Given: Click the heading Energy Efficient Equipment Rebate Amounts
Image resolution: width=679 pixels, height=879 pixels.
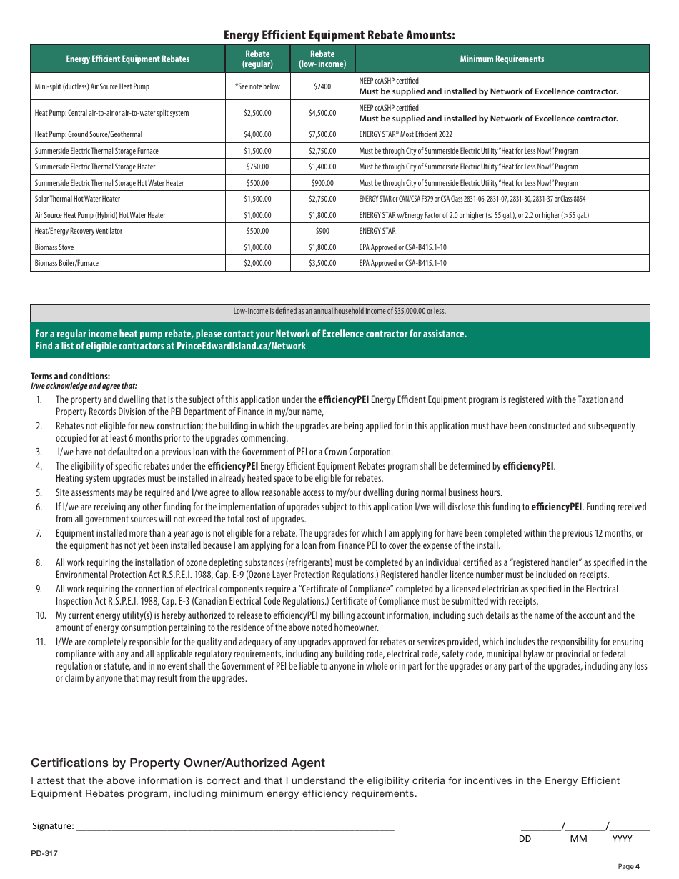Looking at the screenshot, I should [x=339, y=35].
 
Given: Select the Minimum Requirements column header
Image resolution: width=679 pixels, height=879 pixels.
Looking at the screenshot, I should [x=502, y=59].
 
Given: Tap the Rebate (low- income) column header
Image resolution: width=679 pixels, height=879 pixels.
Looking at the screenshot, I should [x=322, y=59].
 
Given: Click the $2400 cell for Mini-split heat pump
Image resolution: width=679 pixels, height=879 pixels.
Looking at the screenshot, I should [x=322, y=86].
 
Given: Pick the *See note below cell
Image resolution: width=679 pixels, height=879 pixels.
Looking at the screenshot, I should [x=257, y=86].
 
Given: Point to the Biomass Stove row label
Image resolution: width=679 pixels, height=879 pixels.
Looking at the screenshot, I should [x=54, y=247].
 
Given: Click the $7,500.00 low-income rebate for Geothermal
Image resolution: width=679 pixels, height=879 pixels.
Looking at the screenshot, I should [x=322, y=134].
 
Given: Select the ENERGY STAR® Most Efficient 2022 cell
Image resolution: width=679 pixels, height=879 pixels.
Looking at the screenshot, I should [x=405, y=134].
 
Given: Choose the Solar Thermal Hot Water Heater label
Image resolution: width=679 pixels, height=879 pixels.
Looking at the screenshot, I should [x=78, y=199].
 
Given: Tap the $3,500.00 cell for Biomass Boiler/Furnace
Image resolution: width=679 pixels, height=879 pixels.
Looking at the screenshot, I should [x=322, y=263].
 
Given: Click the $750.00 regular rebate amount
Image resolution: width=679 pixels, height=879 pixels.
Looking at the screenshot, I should [x=257, y=167].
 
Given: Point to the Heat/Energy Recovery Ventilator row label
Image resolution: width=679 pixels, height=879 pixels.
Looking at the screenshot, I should [x=79, y=231].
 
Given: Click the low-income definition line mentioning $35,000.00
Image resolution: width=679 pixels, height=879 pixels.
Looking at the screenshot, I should [x=339, y=312].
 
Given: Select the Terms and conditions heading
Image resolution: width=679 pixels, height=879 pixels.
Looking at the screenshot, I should [x=70, y=377].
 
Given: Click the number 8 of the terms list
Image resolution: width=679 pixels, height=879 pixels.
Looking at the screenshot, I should [x=39, y=563].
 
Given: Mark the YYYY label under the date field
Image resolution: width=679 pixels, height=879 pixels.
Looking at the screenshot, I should [x=622, y=839].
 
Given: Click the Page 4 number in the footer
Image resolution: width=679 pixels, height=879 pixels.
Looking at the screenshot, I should [x=628, y=867].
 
